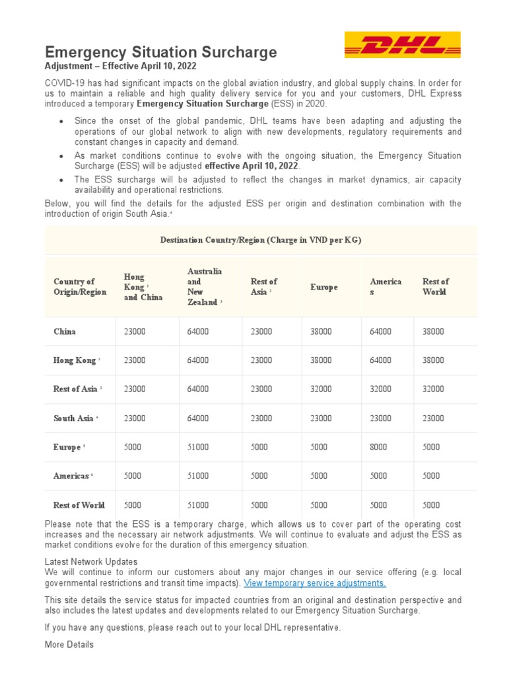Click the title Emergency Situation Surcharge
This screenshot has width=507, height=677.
(160, 52)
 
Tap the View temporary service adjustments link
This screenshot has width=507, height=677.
(315, 583)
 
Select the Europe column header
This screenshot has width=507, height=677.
(323, 287)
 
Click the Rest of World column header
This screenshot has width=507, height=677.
(435, 287)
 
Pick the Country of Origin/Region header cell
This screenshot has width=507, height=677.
(79, 287)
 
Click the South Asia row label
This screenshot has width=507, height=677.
(74, 418)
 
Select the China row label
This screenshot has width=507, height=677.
(65, 331)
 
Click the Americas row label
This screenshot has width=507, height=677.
(72, 476)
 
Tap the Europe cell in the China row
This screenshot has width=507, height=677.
(321, 331)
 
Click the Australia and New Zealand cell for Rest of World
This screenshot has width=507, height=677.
(198, 505)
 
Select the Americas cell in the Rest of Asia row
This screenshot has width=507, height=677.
(380, 389)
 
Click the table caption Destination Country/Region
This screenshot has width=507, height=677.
(261, 240)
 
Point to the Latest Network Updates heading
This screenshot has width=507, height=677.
(91, 562)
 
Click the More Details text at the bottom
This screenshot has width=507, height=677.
(69, 645)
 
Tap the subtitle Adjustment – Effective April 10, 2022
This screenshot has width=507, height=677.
(120, 67)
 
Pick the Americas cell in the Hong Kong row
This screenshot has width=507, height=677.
(380, 360)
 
